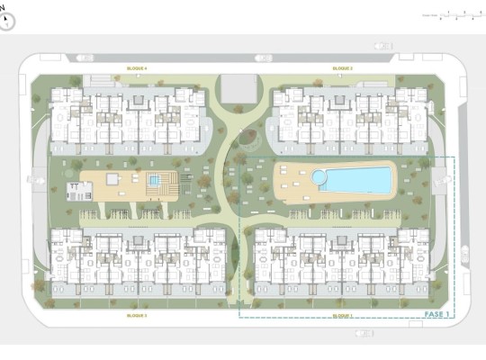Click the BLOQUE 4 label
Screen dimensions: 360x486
coord(137,67)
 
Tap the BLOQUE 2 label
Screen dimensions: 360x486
coord(342,67)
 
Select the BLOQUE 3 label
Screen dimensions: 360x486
coord(137,316)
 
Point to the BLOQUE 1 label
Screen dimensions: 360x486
coord(342,316)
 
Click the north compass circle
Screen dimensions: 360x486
coord(8,21)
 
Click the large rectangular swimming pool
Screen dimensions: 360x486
coord(356,180)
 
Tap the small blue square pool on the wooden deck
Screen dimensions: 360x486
coord(155,181)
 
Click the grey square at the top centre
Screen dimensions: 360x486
coord(237,87)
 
